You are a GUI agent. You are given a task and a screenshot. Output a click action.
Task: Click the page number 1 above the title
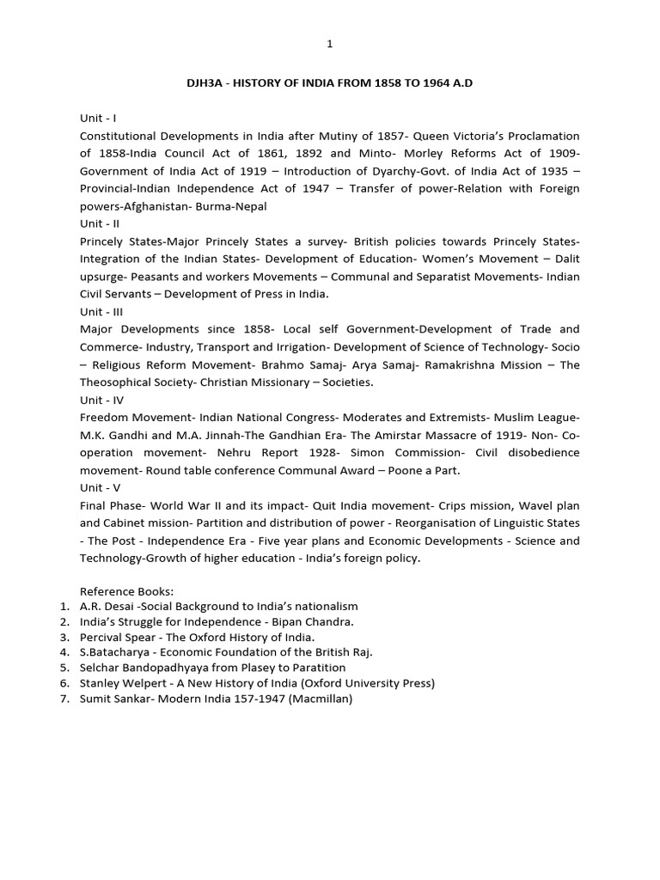point(329,44)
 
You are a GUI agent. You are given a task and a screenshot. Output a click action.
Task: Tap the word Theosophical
point(117,382)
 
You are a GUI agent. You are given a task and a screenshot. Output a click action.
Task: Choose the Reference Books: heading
point(126,591)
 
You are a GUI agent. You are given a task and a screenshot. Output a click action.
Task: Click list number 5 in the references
point(64,668)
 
